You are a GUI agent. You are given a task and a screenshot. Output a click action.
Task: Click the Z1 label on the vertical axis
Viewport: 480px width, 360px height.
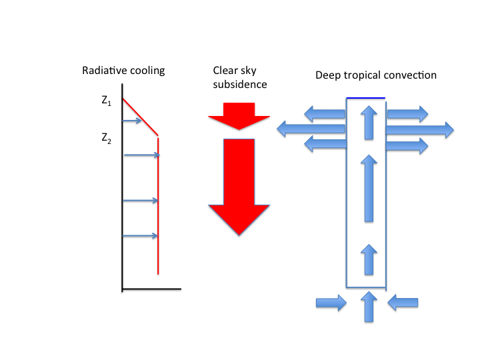tap(106, 101)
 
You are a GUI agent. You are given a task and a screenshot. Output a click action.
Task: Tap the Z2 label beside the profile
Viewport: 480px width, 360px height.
tap(106, 139)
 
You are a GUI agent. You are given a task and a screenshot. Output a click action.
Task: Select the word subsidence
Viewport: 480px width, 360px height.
tap(240, 84)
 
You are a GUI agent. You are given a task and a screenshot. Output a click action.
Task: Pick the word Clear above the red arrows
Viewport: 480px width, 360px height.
tap(225, 71)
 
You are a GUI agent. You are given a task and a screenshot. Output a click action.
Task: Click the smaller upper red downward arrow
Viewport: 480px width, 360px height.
tap(239, 116)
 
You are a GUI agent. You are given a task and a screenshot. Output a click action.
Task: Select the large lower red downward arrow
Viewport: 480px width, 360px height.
tap(239, 187)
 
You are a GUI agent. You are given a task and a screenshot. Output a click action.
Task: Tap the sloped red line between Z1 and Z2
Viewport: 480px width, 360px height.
tap(140, 117)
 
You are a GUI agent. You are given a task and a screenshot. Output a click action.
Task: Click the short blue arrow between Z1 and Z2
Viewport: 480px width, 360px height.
tap(132, 121)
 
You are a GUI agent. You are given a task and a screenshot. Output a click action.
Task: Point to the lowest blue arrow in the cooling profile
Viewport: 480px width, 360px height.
tap(140, 236)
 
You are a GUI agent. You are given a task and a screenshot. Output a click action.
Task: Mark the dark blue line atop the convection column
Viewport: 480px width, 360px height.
tap(365, 98)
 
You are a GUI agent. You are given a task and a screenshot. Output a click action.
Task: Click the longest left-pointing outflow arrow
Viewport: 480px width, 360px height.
tap(311, 129)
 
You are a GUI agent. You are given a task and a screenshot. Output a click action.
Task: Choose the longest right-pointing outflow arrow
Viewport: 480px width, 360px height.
tap(420, 130)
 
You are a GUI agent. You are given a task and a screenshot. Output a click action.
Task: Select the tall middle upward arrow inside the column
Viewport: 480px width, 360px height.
tap(369, 188)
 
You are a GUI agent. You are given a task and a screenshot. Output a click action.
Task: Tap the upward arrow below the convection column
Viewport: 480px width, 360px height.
tap(369, 307)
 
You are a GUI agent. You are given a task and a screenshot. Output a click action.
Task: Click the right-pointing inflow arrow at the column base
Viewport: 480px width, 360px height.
tap(331, 303)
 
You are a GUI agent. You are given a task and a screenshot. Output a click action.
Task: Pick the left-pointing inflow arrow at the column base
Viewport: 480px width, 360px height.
tap(403, 303)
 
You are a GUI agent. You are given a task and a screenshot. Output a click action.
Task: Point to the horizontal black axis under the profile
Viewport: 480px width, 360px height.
tap(152, 289)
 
